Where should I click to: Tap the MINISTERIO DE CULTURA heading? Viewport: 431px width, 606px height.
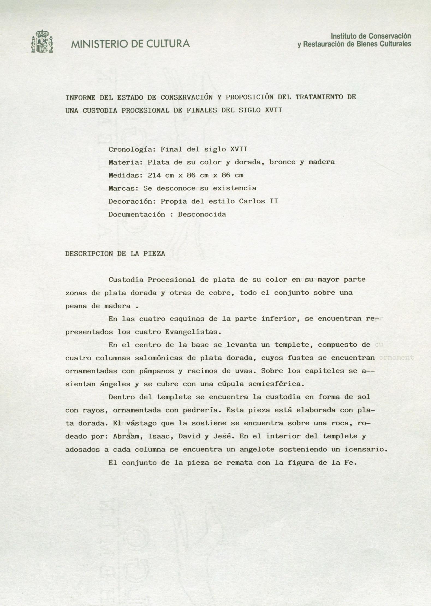(x=130, y=44)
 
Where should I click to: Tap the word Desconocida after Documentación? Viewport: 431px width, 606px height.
(x=202, y=214)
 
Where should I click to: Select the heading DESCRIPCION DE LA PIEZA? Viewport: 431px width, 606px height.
(x=115, y=254)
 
